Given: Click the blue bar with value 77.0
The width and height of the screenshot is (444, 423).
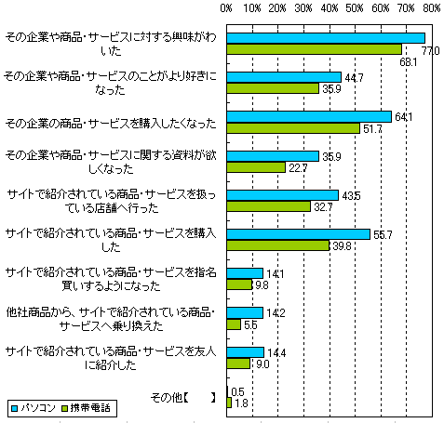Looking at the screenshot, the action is point(326,38).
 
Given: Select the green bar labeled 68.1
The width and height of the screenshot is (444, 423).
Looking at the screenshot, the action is point(314,49).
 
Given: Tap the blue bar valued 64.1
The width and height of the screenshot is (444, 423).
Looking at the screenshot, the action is point(309,117).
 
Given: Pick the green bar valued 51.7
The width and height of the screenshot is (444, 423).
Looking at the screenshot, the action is point(293,128).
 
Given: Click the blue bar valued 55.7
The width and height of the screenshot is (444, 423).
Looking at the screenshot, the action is point(299,234).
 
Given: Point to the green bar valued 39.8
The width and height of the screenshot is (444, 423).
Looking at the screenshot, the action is point(278,245).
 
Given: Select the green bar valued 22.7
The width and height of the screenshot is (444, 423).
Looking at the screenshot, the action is point(256,167).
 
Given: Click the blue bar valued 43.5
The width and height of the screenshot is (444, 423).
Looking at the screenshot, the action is point(283,195).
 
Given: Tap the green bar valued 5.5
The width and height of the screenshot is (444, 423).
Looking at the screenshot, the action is point(234,324).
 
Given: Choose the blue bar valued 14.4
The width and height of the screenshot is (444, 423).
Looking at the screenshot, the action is point(246,352).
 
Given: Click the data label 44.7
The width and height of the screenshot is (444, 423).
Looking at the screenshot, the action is point(354,77).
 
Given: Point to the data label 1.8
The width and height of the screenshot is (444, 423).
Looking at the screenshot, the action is point(241,403).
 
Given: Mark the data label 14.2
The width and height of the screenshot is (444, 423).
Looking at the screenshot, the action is point(276,313).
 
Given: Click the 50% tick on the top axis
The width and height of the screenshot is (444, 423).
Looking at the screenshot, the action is point(355,8).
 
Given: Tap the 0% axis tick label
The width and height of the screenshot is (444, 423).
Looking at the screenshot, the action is point(226,8).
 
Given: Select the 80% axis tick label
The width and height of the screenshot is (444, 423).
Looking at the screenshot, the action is point(432,8).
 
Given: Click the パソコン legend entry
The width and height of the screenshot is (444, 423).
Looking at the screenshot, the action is point(34,408).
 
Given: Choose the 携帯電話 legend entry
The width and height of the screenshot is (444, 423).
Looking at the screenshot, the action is point(86,408).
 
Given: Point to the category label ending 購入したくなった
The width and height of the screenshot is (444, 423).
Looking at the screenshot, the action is point(111,124).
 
